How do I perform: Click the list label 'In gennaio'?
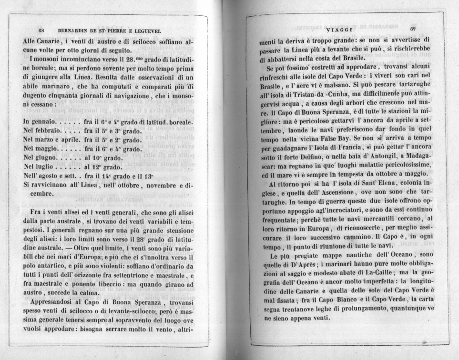click(40, 122)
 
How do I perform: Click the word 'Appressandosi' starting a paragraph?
click(54, 302)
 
